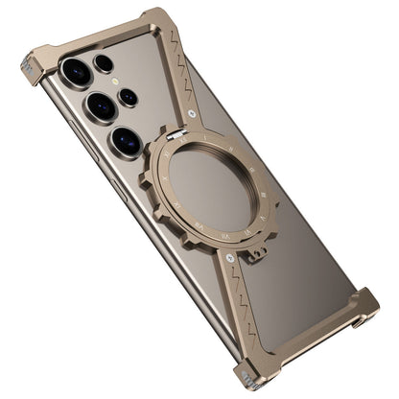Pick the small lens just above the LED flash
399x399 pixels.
[104, 64]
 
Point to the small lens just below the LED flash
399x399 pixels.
[129, 97]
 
